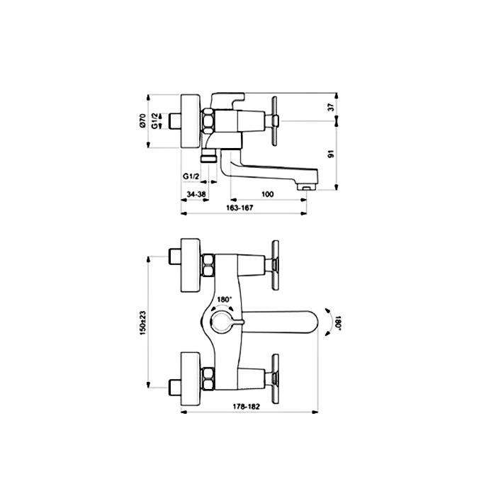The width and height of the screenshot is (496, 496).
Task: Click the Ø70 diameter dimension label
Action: tap(142, 121)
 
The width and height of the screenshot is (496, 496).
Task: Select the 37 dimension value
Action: tap(331, 107)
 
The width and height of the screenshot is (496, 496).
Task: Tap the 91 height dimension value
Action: tap(331, 154)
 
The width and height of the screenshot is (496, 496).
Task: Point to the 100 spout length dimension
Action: tap(268, 194)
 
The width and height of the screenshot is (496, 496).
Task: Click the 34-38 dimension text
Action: tap(196, 194)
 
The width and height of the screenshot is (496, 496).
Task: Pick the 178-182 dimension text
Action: tap(247, 407)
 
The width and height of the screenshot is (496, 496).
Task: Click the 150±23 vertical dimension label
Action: tap(142, 322)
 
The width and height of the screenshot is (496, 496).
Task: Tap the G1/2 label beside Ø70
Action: tap(154, 121)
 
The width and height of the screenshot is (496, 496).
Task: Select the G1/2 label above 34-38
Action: tap(191, 176)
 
